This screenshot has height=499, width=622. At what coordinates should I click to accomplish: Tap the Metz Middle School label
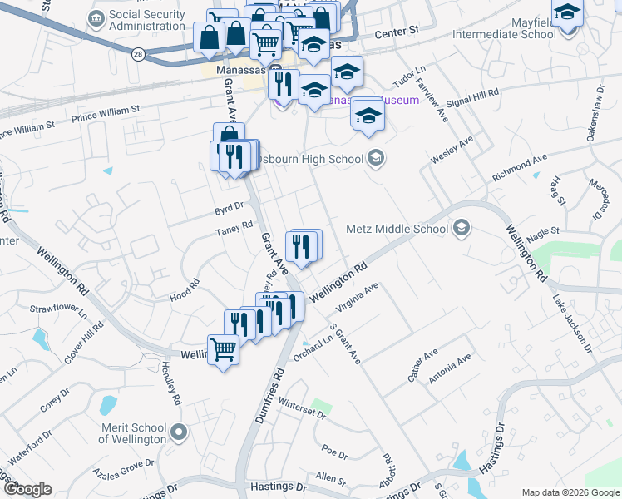pyautogui.click(x=397, y=229)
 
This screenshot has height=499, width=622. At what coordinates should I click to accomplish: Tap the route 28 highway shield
pyautogui.click(x=138, y=53)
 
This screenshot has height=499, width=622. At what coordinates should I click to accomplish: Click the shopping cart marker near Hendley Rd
pyautogui.click(x=223, y=348)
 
